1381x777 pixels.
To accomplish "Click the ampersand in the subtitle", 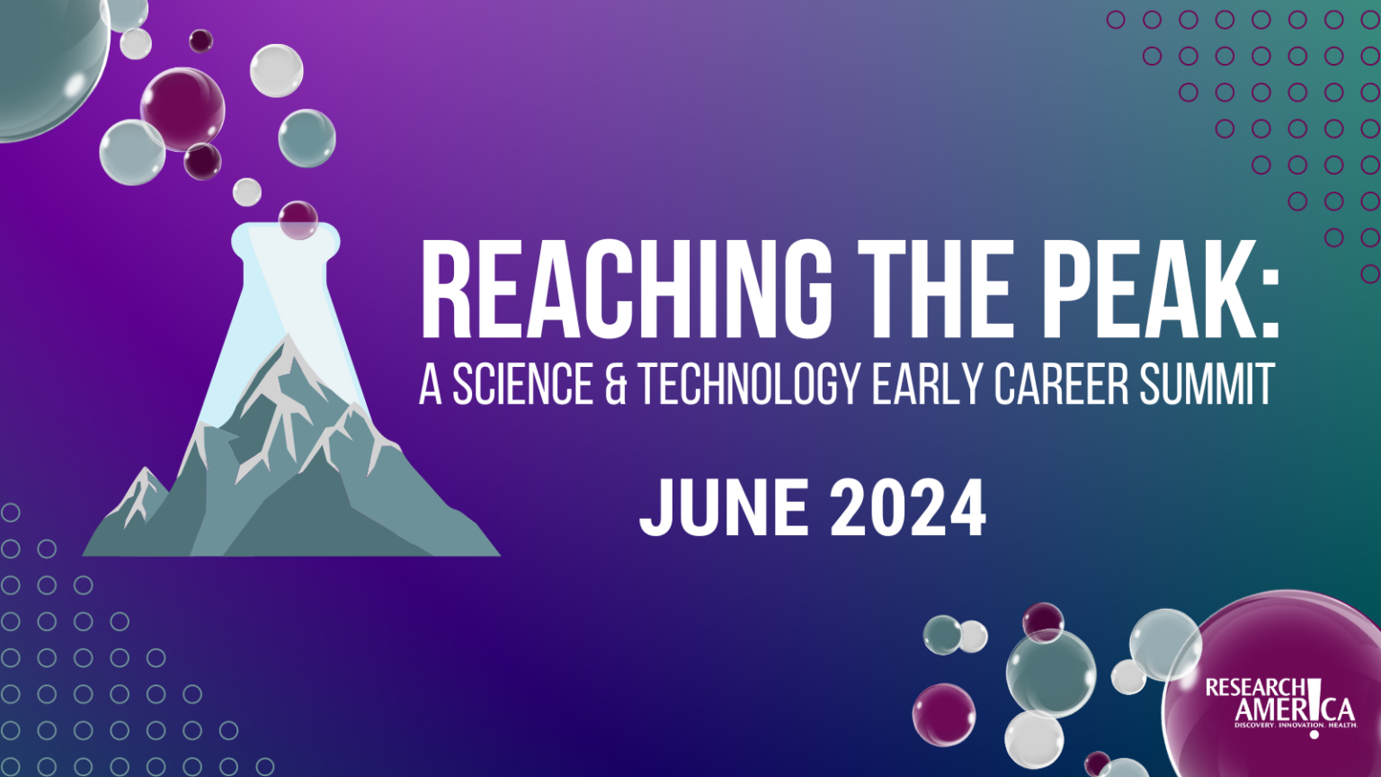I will tap(616, 384).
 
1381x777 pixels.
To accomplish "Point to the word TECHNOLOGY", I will tap(750, 384).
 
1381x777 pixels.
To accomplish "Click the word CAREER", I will tap(1061, 384).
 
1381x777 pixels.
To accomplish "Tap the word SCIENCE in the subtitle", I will tap(522, 384).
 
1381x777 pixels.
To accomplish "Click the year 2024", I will tap(907, 508).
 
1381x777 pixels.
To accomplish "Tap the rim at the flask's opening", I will tap(286, 235).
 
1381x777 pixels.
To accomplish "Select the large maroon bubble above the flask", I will tap(183, 109).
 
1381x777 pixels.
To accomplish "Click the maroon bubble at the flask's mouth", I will tap(298, 219).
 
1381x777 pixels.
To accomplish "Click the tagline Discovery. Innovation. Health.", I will tap(1295, 725).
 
